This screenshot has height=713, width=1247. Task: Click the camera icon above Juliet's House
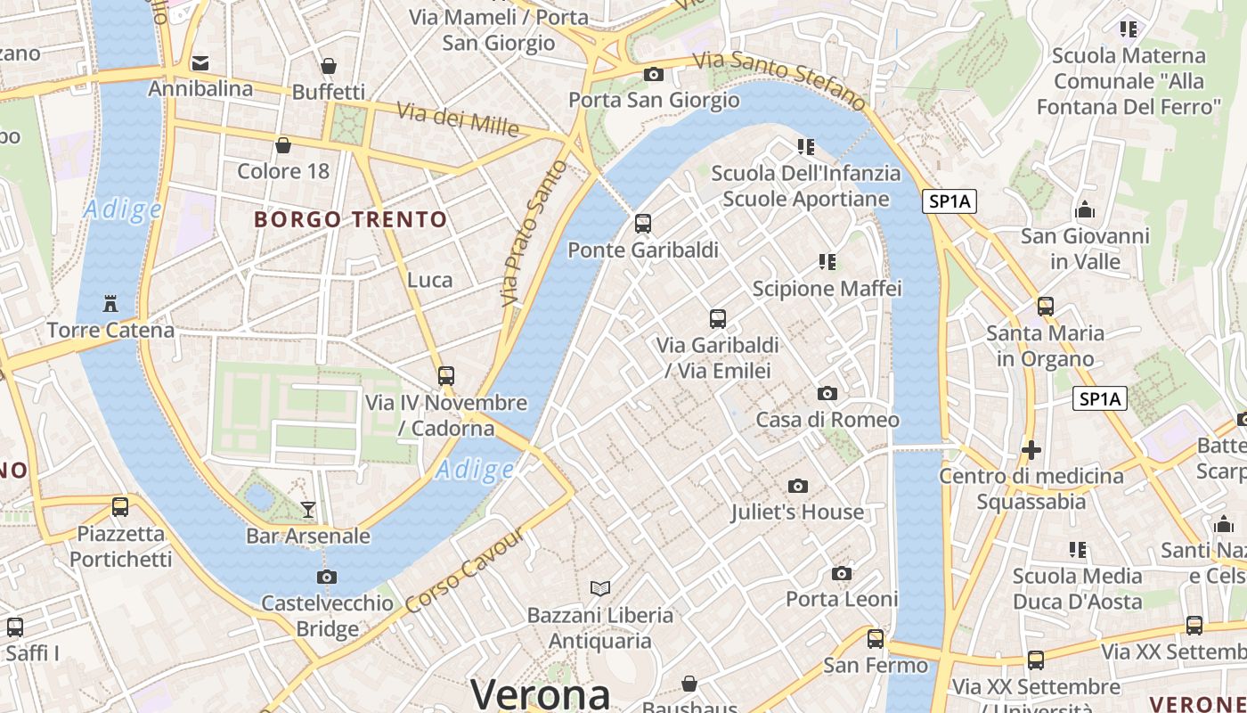(798, 486)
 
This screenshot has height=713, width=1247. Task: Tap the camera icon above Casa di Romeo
(827, 393)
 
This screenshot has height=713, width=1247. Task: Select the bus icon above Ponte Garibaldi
(643, 224)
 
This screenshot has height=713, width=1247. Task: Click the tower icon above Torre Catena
(110, 304)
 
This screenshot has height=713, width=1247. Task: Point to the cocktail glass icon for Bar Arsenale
(308, 509)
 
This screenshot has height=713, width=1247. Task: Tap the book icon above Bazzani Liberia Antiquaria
(600, 588)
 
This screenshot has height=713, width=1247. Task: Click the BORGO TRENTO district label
(351, 219)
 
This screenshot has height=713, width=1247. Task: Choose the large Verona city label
(541, 693)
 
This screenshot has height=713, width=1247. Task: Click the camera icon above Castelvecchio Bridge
(327, 577)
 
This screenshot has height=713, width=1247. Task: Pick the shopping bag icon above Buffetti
(329, 66)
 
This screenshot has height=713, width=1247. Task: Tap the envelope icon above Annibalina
(200, 63)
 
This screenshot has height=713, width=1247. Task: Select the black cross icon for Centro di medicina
(1031, 450)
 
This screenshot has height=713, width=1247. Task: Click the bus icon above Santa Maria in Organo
(1046, 307)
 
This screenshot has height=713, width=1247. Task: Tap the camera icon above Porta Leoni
(842, 573)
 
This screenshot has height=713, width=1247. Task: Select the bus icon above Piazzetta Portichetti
(120, 507)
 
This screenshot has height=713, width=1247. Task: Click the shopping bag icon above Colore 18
(283, 144)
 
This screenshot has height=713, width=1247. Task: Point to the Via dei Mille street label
(458, 119)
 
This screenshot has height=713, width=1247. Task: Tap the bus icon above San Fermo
(876, 638)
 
